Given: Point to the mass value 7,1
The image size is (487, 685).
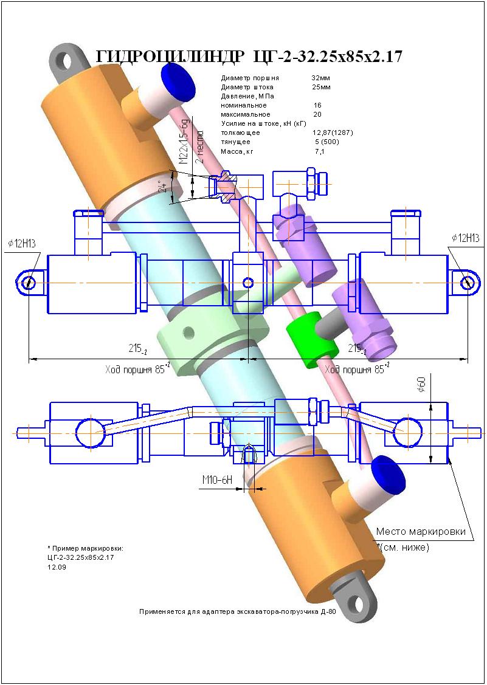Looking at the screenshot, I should pyautogui.click(x=319, y=151).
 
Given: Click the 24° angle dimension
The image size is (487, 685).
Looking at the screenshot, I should pyautogui.click(x=162, y=187).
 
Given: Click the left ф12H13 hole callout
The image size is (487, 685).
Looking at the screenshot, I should pyautogui.click(x=22, y=244).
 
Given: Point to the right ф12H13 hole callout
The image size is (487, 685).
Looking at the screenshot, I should pyautogui.click(x=466, y=238).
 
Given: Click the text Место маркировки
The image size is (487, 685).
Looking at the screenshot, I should pyautogui.click(x=421, y=531).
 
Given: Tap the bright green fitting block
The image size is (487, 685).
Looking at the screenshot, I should pyautogui.click(x=312, y=339).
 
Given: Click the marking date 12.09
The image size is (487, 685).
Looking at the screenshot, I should pyautogui.click(x=57, y=566).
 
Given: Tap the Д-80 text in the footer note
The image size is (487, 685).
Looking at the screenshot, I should pyautogui.click(x=328, y=611).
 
